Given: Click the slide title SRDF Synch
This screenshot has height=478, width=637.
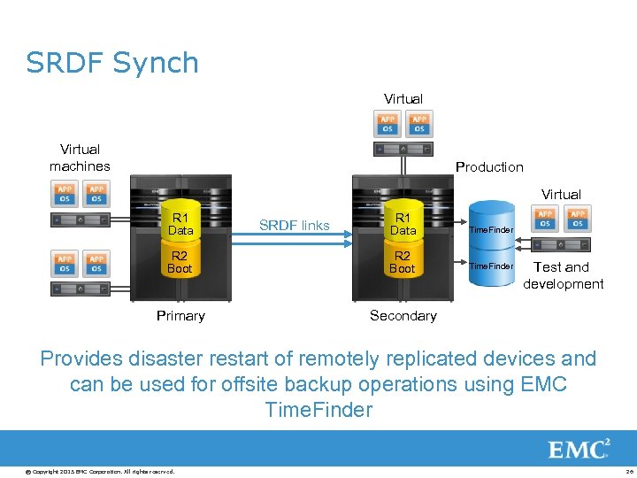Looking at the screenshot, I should pos(112,63).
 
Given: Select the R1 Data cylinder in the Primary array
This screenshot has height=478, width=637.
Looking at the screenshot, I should pos(180,223).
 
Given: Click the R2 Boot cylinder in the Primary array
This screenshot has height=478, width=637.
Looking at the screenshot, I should pos(180,262).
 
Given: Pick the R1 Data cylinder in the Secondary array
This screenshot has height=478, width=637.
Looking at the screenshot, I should pos(403,223).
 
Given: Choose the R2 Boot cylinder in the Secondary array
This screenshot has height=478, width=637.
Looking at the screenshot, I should pos(403,262).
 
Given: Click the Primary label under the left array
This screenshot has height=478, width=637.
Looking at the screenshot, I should pos(180,316).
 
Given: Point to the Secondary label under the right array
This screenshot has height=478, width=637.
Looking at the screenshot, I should pos(403,316).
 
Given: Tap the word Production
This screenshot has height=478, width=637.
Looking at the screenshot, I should pos(489,167).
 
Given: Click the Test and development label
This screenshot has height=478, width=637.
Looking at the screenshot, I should pos(563,275).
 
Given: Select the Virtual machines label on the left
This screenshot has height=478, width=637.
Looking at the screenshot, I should pos(80,158).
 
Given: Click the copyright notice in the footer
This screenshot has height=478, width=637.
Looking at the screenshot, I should pos(88,471).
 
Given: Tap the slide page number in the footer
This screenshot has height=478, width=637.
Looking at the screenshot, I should pos(627,471).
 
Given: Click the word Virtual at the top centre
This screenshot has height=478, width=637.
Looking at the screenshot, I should pos(403,99).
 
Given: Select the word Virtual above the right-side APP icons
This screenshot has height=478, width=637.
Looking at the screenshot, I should pos(561,194).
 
